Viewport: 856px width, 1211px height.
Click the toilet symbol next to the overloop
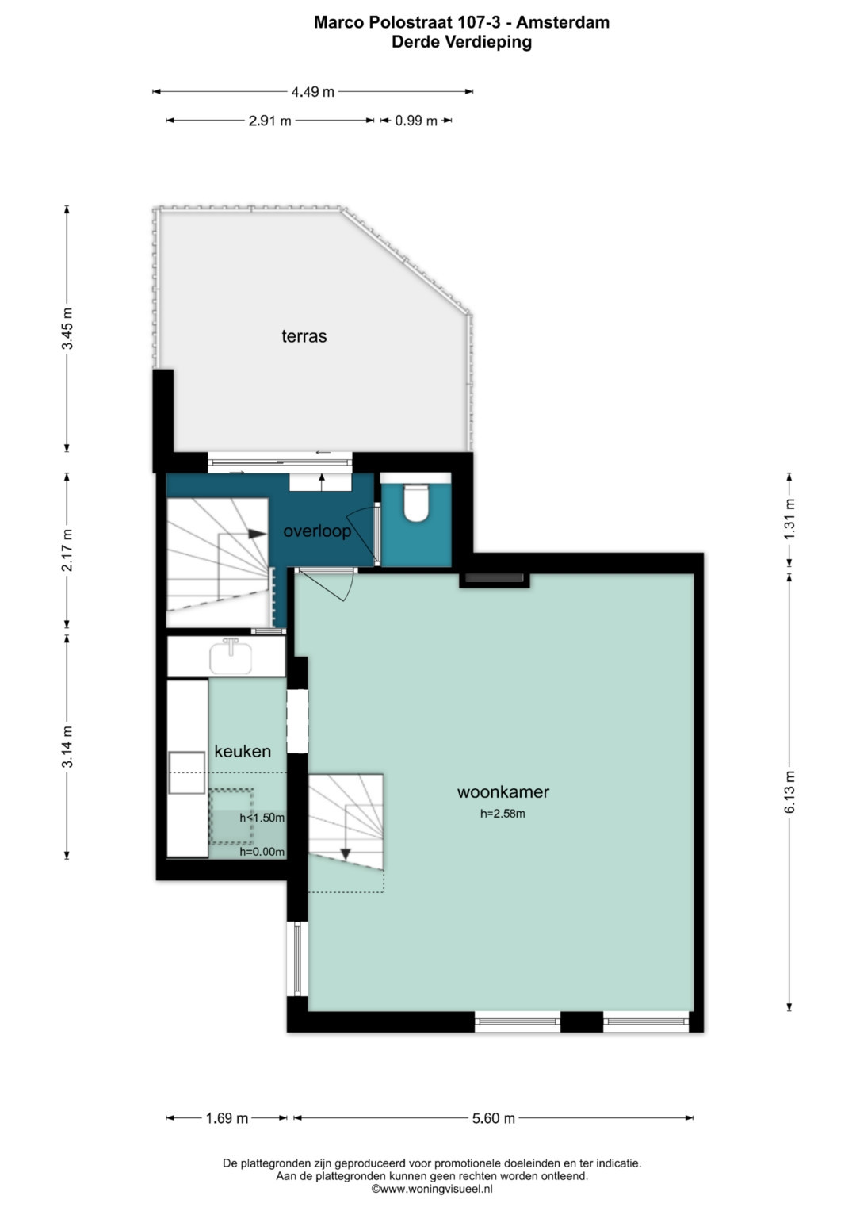pos(416,502)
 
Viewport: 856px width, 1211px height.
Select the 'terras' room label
pos(304,336)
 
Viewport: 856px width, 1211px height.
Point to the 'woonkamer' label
pos(503,792)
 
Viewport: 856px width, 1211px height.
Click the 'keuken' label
pos(243,751)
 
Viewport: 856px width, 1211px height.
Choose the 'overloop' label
pos(317,531)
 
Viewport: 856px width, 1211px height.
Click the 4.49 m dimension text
pos(313,92)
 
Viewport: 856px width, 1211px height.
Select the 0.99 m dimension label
pos(415,121)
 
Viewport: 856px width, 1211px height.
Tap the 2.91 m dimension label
pos(269,121)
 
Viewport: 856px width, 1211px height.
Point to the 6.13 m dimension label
pos(790,792)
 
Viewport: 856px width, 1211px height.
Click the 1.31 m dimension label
pos(790,519)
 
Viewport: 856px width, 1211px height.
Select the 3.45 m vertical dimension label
pos(67,328)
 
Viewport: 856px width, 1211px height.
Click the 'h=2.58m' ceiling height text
pos(503,814)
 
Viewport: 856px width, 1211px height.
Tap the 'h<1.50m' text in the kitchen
pos(262,818)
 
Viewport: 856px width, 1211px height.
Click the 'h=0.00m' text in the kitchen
pos(262,852)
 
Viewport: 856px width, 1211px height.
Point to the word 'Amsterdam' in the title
pos(563,22)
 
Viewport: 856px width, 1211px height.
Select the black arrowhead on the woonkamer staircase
pos(346,853)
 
